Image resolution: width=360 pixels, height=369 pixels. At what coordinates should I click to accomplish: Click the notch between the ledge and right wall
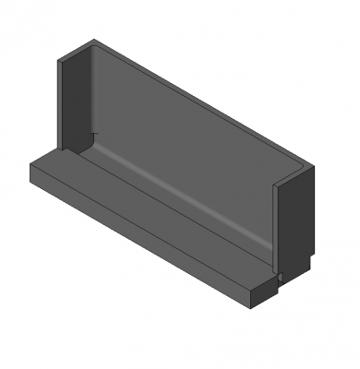[275, 274]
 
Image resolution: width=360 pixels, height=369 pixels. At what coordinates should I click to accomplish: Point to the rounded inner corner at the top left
[95, 45]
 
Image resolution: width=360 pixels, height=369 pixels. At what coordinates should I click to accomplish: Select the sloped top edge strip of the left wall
[76, 53]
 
